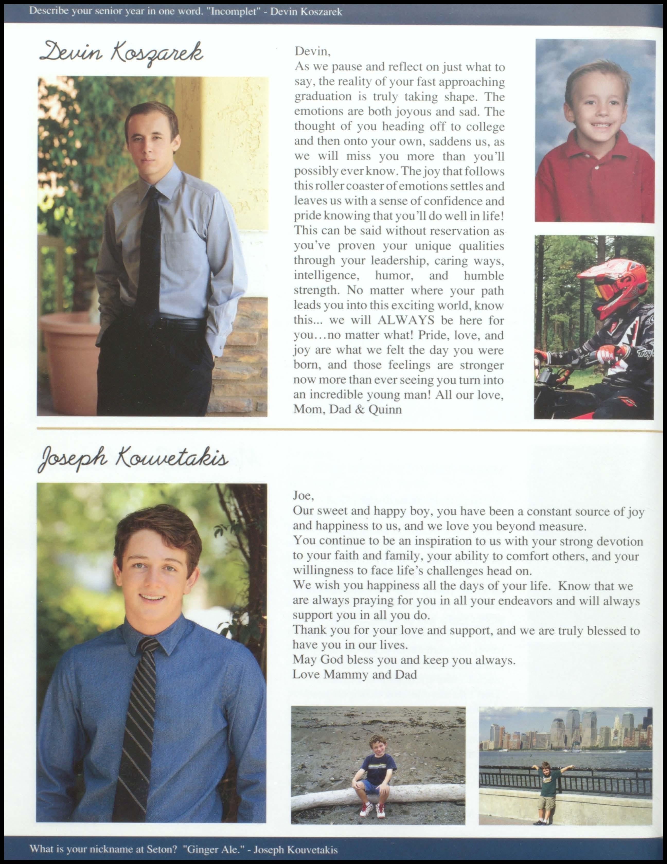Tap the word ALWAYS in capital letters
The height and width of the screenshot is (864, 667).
click(406, 320)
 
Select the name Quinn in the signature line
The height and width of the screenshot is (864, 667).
click(385, 409)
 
